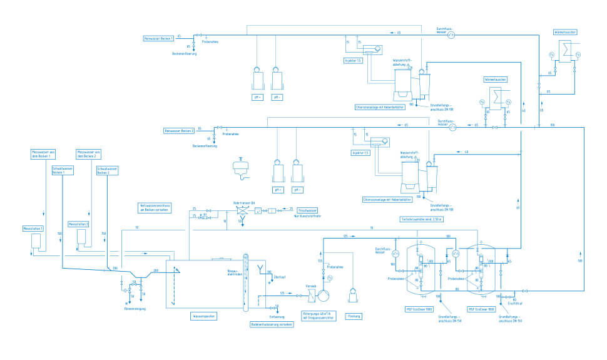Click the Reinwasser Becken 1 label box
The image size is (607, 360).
coord(159,39)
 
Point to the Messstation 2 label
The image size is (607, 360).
coord(79,224)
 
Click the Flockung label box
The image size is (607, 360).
coord(354,316)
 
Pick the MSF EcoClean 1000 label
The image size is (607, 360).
coord(420,309)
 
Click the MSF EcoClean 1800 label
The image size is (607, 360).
coord(481,309)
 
